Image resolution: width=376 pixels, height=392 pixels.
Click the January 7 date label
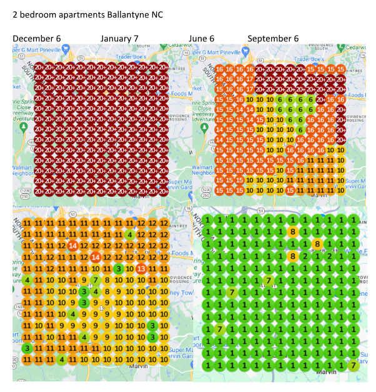click(119, 39)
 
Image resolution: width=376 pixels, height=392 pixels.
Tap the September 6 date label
click(273, 39)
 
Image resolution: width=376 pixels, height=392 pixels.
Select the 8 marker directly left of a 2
click(292, 255)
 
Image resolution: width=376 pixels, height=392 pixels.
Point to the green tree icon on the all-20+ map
click(23, 127)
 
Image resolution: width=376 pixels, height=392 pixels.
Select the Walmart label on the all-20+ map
click(23, 167)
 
